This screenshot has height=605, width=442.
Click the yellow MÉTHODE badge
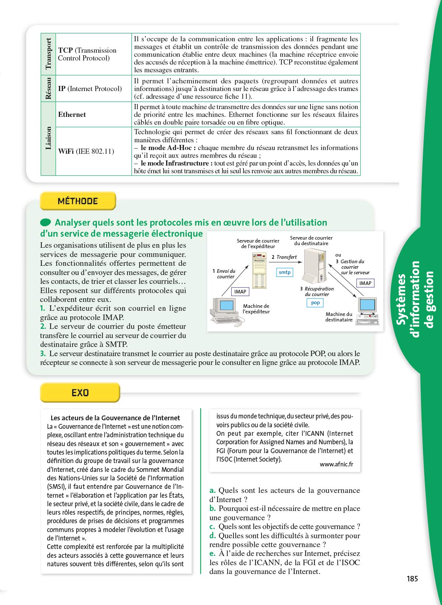click(x=78, y=201)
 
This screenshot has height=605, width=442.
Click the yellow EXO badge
click(x=80, y=393)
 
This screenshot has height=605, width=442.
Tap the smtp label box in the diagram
click(x=285, y=272)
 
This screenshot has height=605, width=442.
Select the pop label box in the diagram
click(x=315, y=303)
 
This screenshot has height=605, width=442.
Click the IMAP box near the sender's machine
click(x=240, y=292)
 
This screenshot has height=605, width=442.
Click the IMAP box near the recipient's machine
click(x=365, y=283)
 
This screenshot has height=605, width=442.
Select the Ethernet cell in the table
click(x=72, y=115)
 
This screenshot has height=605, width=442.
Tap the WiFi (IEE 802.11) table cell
click(x=86, y=151)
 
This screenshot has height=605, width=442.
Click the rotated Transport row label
click(x=48, y=54)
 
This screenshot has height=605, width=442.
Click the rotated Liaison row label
click(x=48, y=138)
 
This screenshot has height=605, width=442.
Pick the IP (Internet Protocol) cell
click(x=90, y=89)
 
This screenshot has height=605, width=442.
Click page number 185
click(x=412, y=578)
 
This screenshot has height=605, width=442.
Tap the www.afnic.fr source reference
click(x=336, y=464)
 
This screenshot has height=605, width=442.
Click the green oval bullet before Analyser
click(x=46, y=222)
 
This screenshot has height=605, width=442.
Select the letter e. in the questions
click(x=213, y=553)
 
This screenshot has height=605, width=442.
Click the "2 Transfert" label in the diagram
click(x=284, y=257)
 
